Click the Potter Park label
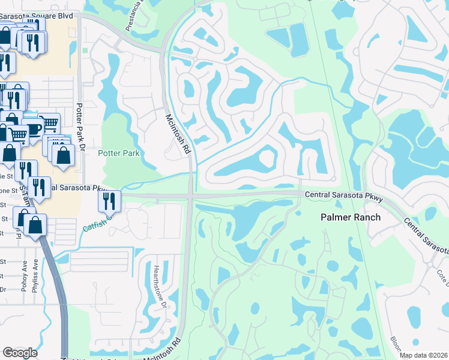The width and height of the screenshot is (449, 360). click(119, 154)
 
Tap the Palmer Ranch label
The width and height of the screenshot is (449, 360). click(351, 217)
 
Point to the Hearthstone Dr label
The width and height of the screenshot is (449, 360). click(161, 286)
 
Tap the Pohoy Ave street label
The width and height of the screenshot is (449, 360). click(25, 275)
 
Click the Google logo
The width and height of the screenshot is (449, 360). click(20, 353)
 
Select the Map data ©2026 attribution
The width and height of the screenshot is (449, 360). click(423, 356)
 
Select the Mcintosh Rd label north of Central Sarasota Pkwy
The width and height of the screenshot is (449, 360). click(178, 133)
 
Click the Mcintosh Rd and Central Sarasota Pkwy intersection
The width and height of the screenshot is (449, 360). click(190, 196)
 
